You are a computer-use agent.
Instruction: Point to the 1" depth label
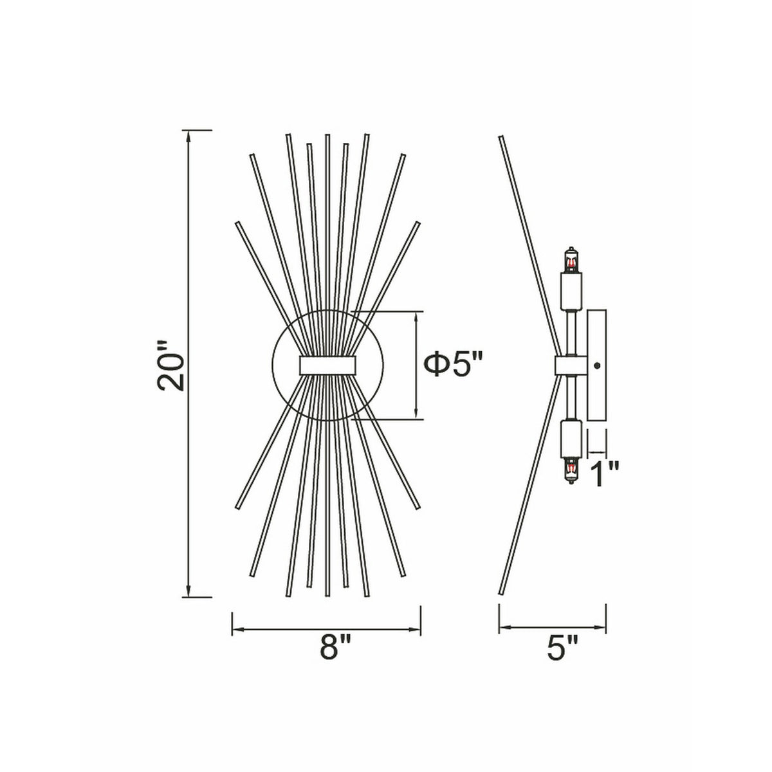pyautogui.click(x=605, y=474)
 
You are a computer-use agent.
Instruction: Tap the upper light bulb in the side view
pyautogui.click(x=571, y=261)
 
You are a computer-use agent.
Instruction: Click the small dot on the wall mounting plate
pyautogui.click(x=597, y=365)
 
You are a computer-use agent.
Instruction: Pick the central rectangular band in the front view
pyautogui.click(x=327, y=365)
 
